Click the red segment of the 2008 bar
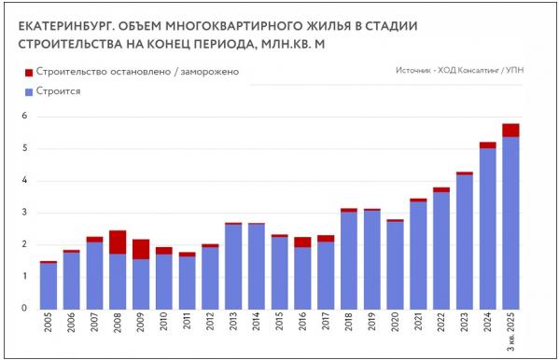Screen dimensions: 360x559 tap(118, 242)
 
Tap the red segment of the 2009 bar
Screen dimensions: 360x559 tap(140, 249)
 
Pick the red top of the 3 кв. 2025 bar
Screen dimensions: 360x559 tap(510, 130)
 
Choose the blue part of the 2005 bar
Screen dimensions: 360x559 tap(49, 285)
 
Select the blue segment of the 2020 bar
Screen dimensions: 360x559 tap(395, 265)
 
